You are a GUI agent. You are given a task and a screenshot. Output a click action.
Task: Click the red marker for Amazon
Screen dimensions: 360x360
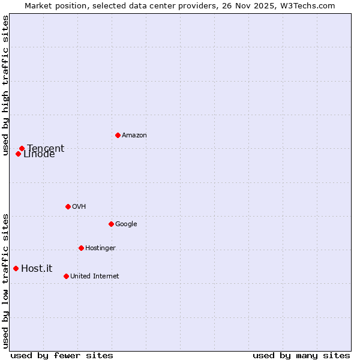[x=118, y=135]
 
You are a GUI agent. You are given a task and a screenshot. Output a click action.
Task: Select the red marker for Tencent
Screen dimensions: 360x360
[x=22, y=148]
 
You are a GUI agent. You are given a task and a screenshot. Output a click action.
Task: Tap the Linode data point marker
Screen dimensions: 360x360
[x=18, y=154]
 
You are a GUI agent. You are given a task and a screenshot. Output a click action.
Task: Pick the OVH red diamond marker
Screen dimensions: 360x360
[x=68, y=206]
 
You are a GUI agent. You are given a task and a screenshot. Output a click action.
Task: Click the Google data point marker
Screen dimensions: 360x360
[x=111, y=224]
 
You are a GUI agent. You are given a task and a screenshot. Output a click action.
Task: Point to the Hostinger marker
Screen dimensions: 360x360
[x=81, y=248]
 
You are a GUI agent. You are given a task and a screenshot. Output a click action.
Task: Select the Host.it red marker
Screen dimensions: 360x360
[x=16, y=268]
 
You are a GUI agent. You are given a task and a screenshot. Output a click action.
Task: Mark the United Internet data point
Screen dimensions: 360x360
[x=66, y=276]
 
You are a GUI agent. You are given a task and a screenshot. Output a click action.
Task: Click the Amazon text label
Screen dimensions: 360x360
[x=134, y=136]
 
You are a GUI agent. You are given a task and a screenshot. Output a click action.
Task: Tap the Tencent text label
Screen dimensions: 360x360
[x=46, y=148]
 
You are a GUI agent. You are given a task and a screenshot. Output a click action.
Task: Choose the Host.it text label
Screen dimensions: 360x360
[x=37, y=269]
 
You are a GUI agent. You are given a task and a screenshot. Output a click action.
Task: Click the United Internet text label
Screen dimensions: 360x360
[x=95, y=277]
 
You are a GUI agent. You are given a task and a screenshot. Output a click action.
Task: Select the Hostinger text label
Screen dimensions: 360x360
[x=100, y=248]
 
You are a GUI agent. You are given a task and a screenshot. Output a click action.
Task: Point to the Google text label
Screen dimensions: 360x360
[x=126, y=224]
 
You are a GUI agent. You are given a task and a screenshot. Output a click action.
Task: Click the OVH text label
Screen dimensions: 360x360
[x=79, y=207]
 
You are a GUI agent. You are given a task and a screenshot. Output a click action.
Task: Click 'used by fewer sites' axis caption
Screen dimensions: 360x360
[x=62, y=355]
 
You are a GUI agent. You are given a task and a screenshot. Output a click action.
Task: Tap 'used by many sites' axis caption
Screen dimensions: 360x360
[x=301, y=355]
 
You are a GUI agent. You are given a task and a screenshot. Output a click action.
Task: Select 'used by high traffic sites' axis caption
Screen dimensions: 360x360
[x=5, y=85]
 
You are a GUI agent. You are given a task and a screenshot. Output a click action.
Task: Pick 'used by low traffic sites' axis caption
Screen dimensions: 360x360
[x=5, y=281]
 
